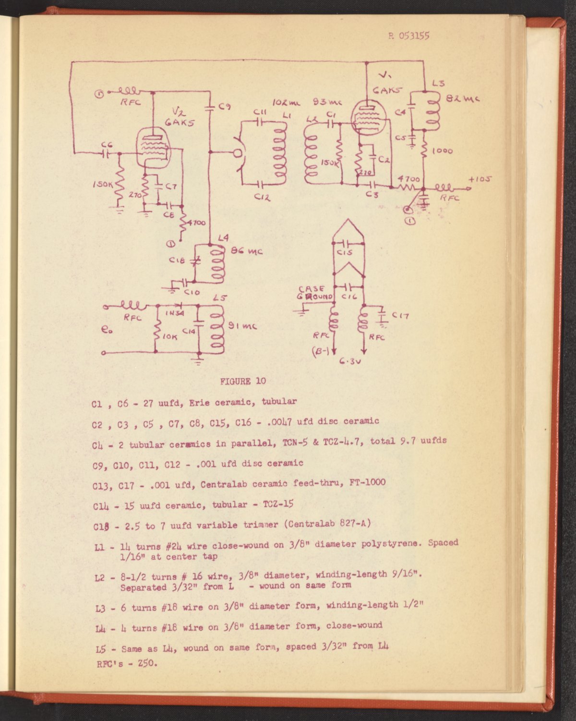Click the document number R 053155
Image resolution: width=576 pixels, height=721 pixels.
[x=409, y=35]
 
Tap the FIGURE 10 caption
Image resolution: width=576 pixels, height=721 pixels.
[x=243, y=381]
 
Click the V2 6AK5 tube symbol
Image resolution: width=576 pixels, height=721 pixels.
[x=154, y=148]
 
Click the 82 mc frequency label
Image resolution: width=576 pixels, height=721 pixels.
[x=463, y=99]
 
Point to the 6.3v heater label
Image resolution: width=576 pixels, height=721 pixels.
[x=349, y=361]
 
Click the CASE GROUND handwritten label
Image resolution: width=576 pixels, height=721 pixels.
[x=314, y=293]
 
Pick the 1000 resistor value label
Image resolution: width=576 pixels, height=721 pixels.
[x=442, y=151]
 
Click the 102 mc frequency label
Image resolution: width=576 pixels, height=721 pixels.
[x=287, y=103]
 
